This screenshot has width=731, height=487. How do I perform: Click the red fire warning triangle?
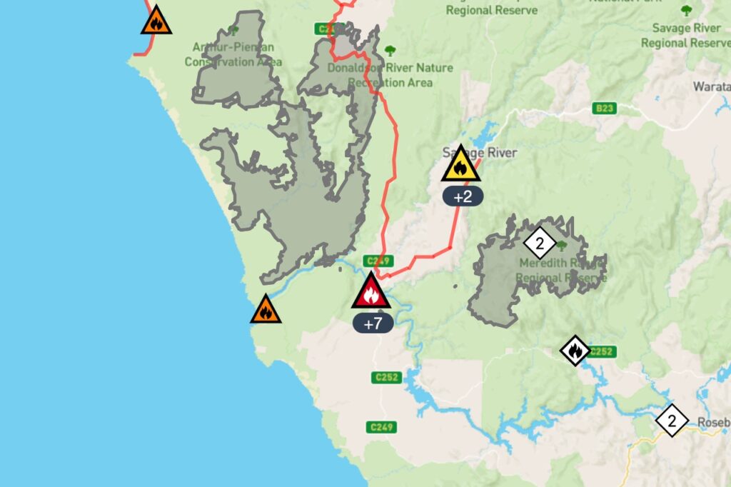point(370,292)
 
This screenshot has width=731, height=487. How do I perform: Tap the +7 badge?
point(373,323)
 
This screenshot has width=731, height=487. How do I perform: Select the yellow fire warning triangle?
point(460,166)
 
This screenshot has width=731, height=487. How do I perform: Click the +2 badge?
point(463,196)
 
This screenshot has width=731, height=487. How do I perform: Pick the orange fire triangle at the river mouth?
point(266,310)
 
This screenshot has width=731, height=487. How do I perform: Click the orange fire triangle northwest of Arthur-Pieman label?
point(156,21)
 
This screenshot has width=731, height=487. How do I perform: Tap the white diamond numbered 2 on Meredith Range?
point(540,243)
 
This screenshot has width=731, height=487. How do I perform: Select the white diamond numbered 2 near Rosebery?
point(672,420)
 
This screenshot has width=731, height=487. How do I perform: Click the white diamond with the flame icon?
point(575,350)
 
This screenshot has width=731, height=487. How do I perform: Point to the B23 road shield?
point(604,109)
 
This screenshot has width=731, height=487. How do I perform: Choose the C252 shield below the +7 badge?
point(386,377)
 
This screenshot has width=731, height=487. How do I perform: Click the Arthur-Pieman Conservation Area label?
point(233,54)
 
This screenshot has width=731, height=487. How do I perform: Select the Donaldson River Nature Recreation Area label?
point(390,75)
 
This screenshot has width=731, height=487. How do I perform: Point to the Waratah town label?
point(711,86)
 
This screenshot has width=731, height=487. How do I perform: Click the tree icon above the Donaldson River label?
point(390,51)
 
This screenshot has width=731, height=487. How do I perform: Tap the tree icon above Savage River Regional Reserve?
point(686,11)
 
